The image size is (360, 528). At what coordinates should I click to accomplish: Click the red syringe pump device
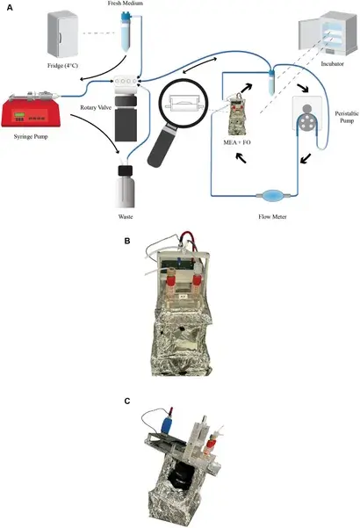pyautogui.click(x=31, y=110)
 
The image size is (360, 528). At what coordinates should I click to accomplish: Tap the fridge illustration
pyautogui.click(x=63, y=34)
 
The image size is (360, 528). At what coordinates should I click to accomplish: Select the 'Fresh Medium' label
pyautogui.click(x=126, y=4)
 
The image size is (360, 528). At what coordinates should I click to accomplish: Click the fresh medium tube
pyautogui.click(x=126, y=32)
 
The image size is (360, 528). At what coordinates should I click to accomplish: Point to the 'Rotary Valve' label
pyautogui.click(x=96, y=108)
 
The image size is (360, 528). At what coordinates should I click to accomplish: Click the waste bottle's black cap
pyautogui.click(x=126, y=170)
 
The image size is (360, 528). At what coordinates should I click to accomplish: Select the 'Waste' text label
pyautogui.click(x=126, y=217)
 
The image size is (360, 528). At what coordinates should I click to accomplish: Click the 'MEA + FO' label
pyautogui.click(x=237, y=142)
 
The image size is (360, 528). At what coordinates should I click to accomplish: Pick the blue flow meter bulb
pyautogui.click(x=272, y=195)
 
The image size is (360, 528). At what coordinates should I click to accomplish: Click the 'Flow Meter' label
pyautogui.click(x=272, y=217)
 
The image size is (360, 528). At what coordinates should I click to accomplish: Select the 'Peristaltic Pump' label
pyautogui.click(x=347, y=117)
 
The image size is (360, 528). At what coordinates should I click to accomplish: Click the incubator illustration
pyautogui.click(x=328, y=34)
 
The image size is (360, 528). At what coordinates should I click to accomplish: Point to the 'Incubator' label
pyautogui.click(x=333, y=63)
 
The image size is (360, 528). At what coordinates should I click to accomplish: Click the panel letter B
pyautogui.click(x=127, y=241)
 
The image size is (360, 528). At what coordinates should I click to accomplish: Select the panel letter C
pyautogui.click(x=127, y=401)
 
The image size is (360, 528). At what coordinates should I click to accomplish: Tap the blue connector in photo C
pyautogui.click(x=167, y=424)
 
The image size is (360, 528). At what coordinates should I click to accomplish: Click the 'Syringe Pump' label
pyautogui.click(x=31, y=137)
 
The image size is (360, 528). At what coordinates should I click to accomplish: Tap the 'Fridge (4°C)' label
pyautogui.click(x=62, y=65)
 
